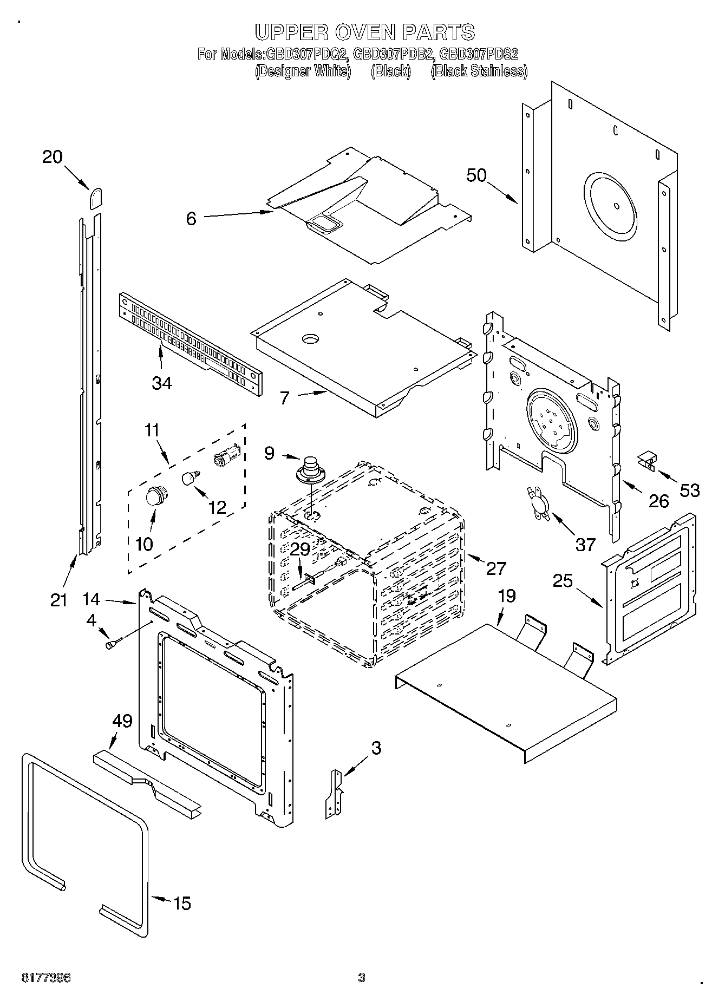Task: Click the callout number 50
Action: pyautogui.click(x=476, y=175)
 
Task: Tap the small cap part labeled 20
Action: pyautogui.click(x=96, y=199)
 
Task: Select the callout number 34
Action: pyautogui.click(x=162, y=383)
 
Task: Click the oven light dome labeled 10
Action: pyautogui.click(x=156, y=495)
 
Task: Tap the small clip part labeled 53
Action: pyautogui.click(x=647, y=461)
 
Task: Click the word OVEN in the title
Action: pyautogui.click(x=365, y=32)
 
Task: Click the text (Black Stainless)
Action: pyautogui.click(x=479, y=71)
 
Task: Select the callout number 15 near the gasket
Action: pyautogui.click(x=182, y=903)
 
